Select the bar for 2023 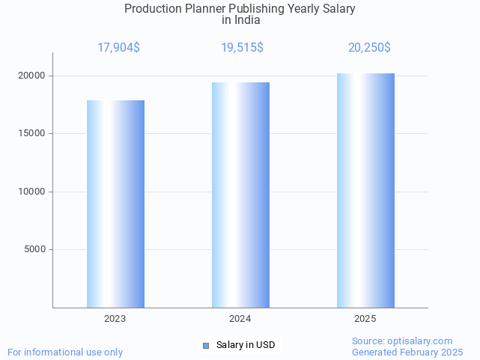[x=115, y=204]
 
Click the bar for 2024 [x=240, y=195]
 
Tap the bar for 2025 [x=365, y=190]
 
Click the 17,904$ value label [x=118, y=48]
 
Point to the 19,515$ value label [x=242, y=48]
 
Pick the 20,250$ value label [x=369, y=48]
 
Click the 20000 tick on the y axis [x=33, y=76]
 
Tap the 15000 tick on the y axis [x=33, y=134]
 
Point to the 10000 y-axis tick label [x=33, y=192]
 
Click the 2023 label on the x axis [x=115, y=319]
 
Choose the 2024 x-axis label [x=240, y=319]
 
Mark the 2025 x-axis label [x=365, y=319]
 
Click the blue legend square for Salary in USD [x=207, y=345]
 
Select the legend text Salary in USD [x=246, y=345]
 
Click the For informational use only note [x=65, y=352]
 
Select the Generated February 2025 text [x=407, y=352]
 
